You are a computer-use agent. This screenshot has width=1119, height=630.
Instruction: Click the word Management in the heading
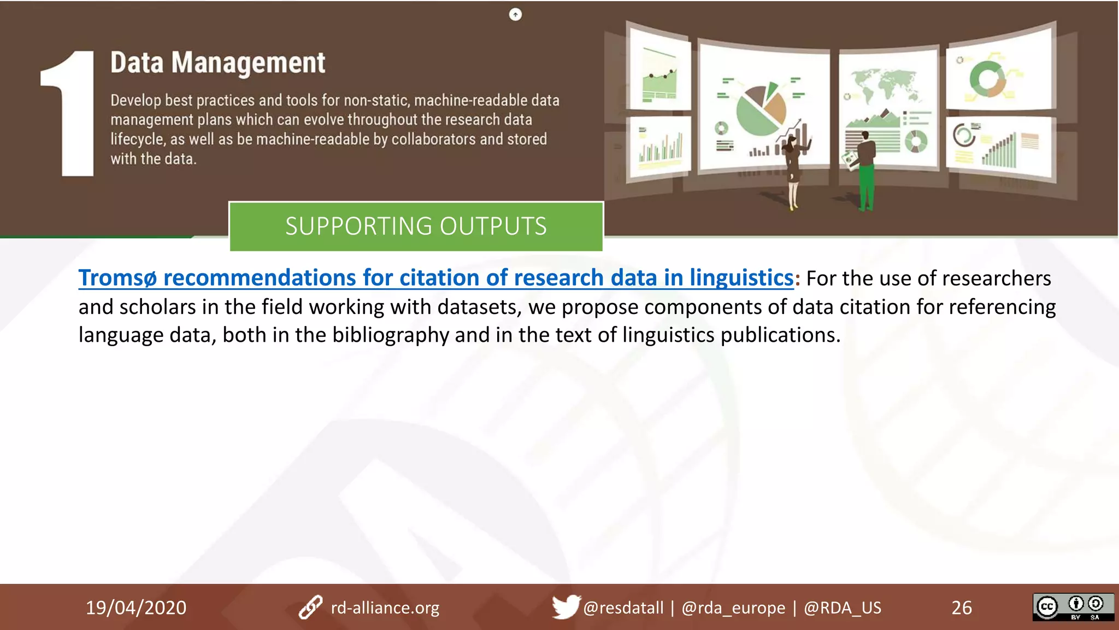point(248,63)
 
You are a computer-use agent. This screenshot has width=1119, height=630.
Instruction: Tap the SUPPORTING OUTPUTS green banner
point(416,226)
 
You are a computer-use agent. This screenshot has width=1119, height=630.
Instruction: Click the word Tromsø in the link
point(117,278)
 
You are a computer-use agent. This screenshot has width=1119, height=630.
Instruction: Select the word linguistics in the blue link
point(741,278)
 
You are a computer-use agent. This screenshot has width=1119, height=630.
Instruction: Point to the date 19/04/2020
point(136,608)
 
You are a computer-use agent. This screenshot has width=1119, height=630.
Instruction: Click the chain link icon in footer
point(310,608)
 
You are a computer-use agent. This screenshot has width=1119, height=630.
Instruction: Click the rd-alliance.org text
point(385,608)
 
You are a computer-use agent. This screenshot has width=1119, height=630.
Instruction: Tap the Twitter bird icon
point(565,606)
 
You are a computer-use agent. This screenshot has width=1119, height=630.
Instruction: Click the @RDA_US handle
point(842,608)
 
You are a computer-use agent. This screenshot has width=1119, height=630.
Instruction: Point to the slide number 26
point(962,608)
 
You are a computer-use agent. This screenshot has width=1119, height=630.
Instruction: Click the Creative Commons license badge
point(1073,607)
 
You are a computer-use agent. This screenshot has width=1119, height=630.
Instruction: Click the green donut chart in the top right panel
point(987,79)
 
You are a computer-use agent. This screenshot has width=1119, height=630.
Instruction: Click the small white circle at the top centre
point(515,15)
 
